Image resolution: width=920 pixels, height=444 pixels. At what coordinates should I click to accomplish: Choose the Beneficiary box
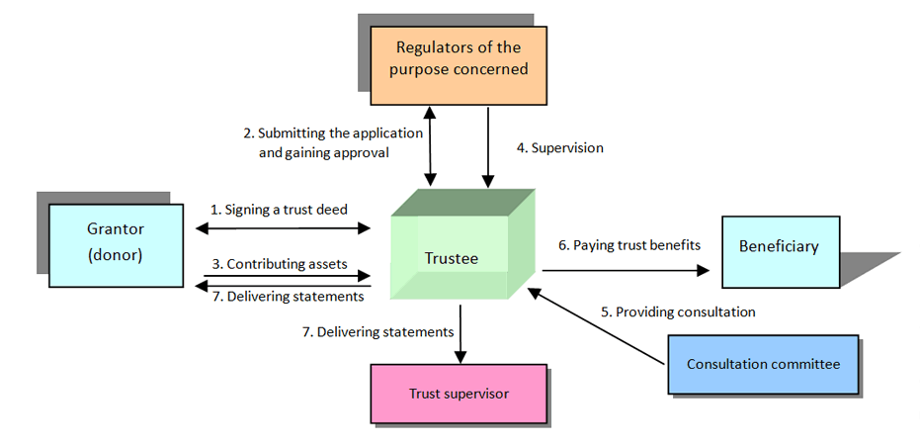780,246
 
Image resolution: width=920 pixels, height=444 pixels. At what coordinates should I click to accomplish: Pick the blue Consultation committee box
764,364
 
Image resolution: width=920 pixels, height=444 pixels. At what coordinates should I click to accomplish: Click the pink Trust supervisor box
459,394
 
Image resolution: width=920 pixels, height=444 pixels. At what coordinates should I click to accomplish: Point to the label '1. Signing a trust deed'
279,210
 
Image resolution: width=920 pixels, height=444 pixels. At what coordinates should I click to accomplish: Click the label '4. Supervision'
559,148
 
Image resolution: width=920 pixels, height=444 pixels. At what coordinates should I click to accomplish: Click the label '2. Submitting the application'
333,133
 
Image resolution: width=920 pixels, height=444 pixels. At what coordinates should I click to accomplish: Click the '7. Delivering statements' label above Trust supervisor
377,332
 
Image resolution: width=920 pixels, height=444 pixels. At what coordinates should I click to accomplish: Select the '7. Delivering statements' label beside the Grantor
288,296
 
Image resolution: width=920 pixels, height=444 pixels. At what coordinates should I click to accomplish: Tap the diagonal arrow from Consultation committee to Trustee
598,326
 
